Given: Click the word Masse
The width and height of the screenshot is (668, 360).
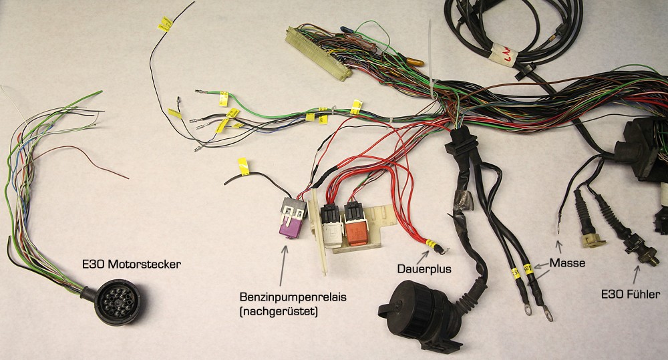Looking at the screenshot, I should tap(566, 263).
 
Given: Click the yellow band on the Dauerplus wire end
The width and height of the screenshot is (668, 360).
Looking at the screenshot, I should tap(432, 244).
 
